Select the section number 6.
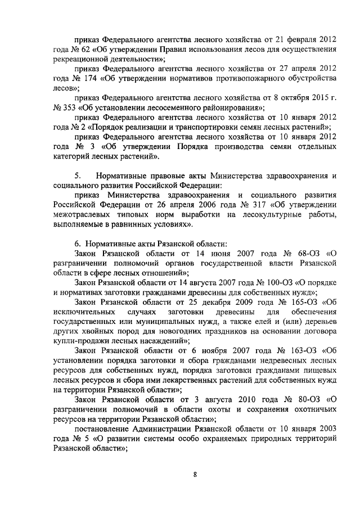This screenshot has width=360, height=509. click(x=78, y=244)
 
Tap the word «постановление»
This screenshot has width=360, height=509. click(x=103, y=429)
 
